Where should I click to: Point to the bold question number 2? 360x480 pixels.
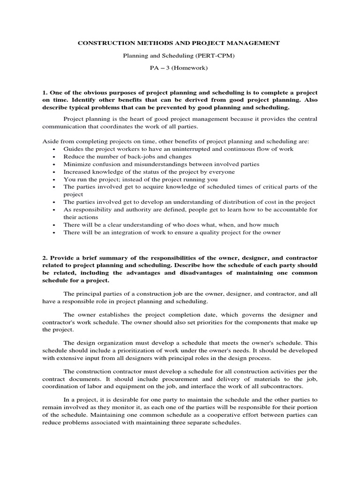pyautogui.click(x=45, y=258)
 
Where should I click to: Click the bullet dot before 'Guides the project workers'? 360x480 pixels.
pyautogui.click(x=54, y=149)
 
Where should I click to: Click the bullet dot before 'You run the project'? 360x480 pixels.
pyautogui.click(x=54, y=179)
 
